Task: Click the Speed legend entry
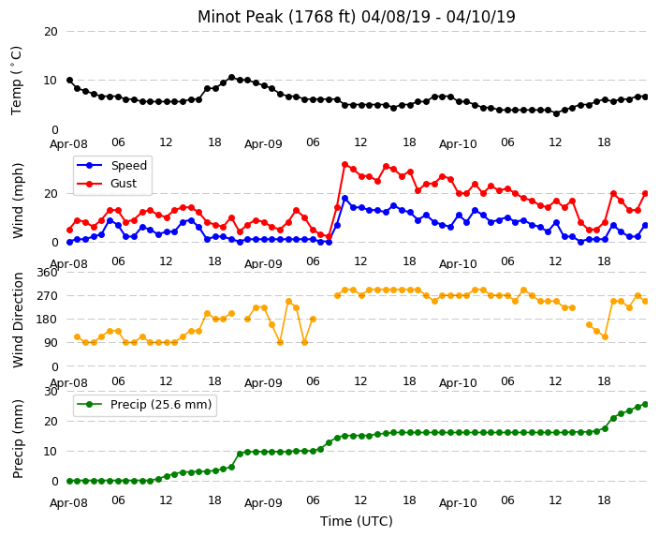point(112,165)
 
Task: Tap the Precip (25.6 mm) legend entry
point(144,405)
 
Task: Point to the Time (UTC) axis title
point(357,521)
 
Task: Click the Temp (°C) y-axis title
point(16,81)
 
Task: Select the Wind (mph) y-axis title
point(18,201)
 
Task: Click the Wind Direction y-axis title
point(18,320)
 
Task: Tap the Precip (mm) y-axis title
point(18,439)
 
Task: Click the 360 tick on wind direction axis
point(47,273)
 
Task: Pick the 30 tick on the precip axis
point(51,392)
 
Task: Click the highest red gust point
point(345,165)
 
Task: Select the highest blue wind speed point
point(345,199)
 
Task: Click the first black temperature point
point(70,81)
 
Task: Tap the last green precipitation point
point(646,405)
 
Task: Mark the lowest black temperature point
point(556,113)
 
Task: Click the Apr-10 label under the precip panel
point(458,503)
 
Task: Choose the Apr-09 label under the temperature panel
point(264,144)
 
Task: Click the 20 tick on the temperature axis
point(51,32)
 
